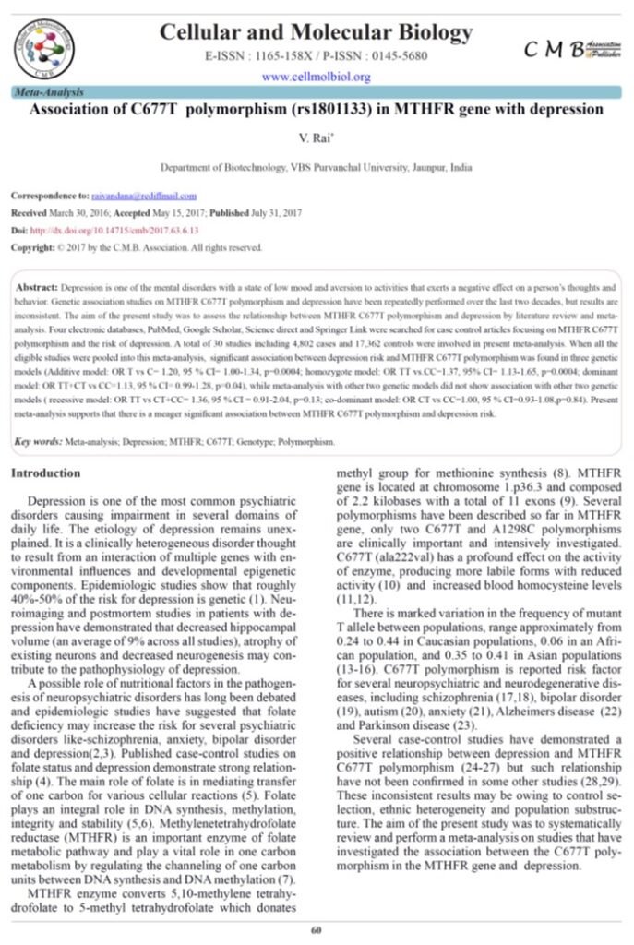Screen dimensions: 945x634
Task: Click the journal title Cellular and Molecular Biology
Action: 317,33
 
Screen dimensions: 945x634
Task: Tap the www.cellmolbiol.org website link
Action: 317,77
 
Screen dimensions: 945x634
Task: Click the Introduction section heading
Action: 45,473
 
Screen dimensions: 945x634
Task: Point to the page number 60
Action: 317,928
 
